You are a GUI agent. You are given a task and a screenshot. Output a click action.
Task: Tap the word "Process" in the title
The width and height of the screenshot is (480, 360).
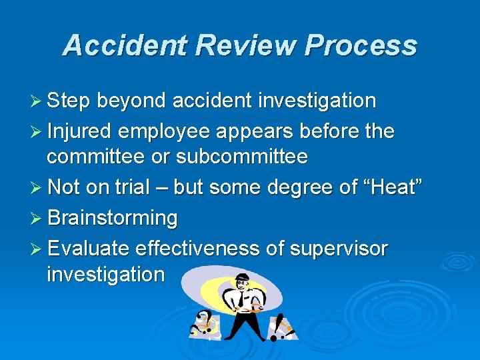tap(361, 45)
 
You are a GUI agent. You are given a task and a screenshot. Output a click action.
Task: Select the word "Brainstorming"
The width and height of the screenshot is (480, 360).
tap(113, 218)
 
